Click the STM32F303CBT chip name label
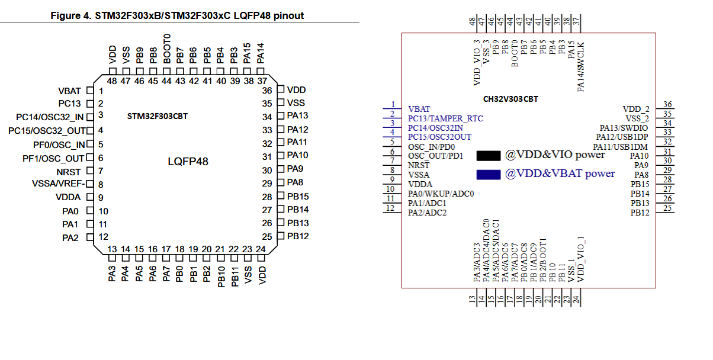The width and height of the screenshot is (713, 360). click(x=157, y=116)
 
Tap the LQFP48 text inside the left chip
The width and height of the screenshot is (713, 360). click(x=188, y=160)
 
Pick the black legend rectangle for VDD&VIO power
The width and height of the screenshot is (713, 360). click(x=489, y=156)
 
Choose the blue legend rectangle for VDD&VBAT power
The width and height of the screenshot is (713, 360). click(x=489, y=174)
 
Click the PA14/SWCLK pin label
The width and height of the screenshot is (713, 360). click(x=580, y=66)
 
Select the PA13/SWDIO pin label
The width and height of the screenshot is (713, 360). click(x=624, y=128)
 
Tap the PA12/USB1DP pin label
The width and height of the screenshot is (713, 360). click(x=622, y=137)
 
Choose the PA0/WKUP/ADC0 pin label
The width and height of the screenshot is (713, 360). click(x=441, y=194)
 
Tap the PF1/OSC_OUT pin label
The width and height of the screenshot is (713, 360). click(x=53, y=158)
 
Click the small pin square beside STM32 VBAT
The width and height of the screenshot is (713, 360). click(x=90, y=91)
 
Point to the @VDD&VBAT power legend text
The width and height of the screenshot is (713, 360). click(x=560, y=173)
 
